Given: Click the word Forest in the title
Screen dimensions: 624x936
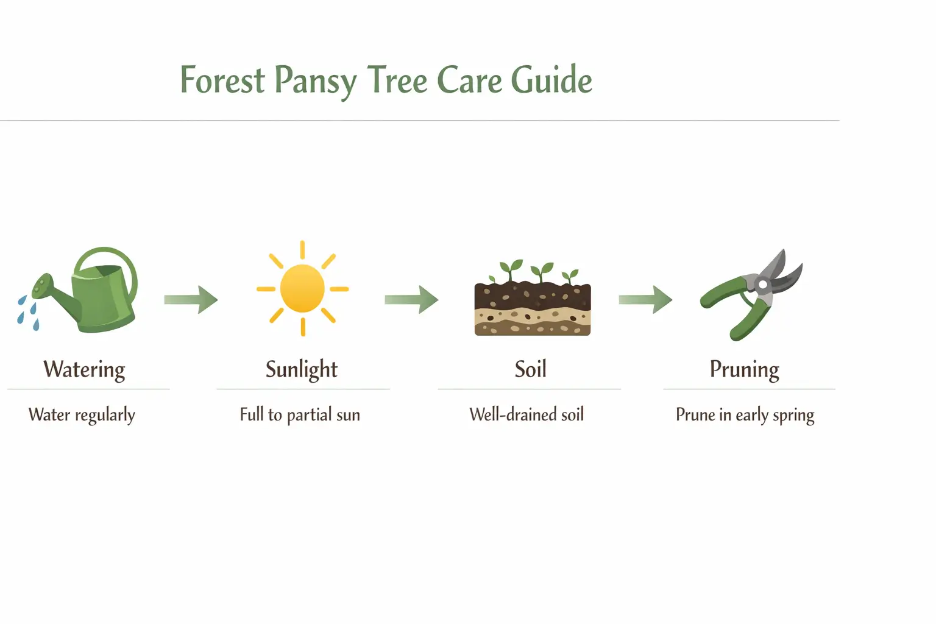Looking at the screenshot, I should [x=222, y=80].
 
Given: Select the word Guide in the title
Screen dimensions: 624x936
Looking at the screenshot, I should [x=551, y=80].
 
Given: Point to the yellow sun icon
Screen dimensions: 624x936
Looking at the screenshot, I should [x=302, y=288].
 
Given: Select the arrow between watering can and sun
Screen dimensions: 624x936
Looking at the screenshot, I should [x=191, y=299].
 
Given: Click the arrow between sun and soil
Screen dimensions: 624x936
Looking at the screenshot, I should [x=411, y=299].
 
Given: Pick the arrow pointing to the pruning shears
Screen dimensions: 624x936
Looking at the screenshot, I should [x=645, y=299].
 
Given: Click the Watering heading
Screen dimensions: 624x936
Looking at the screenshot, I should [x=84, y=369].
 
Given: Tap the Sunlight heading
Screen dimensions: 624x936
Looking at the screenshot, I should [x=302, y=369].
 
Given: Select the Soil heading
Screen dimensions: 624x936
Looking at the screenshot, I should [x=530, y=369].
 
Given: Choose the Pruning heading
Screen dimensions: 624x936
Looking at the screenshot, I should [x=744, y=369].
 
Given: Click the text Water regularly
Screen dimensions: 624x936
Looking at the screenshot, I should [x=82, y=415].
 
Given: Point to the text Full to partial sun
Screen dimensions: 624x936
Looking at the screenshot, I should [x=300, y=415].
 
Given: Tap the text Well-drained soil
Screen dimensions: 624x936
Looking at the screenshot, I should [x=526, y=415].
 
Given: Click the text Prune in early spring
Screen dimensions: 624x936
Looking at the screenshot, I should [x=745, y=416].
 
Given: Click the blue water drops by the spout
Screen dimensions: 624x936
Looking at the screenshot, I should [x=28, y=313].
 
